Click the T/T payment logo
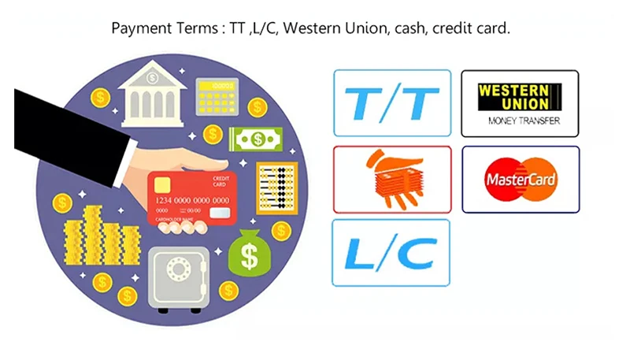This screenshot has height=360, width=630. click(x=392, y=103)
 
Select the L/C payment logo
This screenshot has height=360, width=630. click(x=391, y=252)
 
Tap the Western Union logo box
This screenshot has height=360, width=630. click(x=519, y=102)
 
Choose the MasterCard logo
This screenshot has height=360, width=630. click(x=520, y=180)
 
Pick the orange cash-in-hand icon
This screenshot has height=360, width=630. click(x=392, y=180)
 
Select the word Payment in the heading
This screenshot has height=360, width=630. click(x=139, y=28)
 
